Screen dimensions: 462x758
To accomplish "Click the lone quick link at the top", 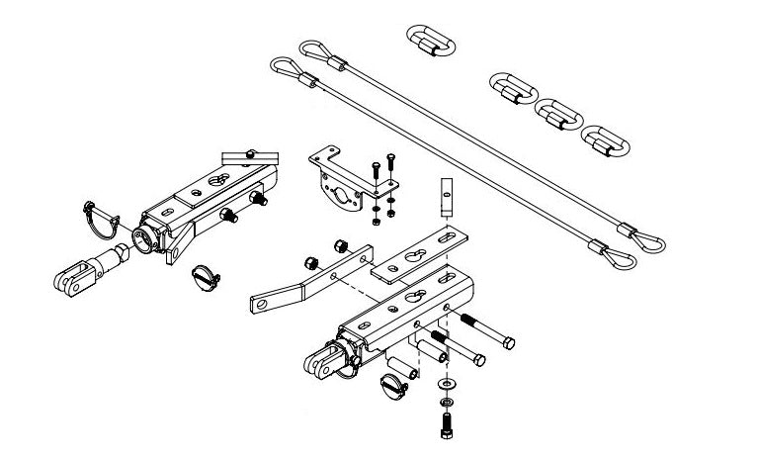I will (x=431, y=42).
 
